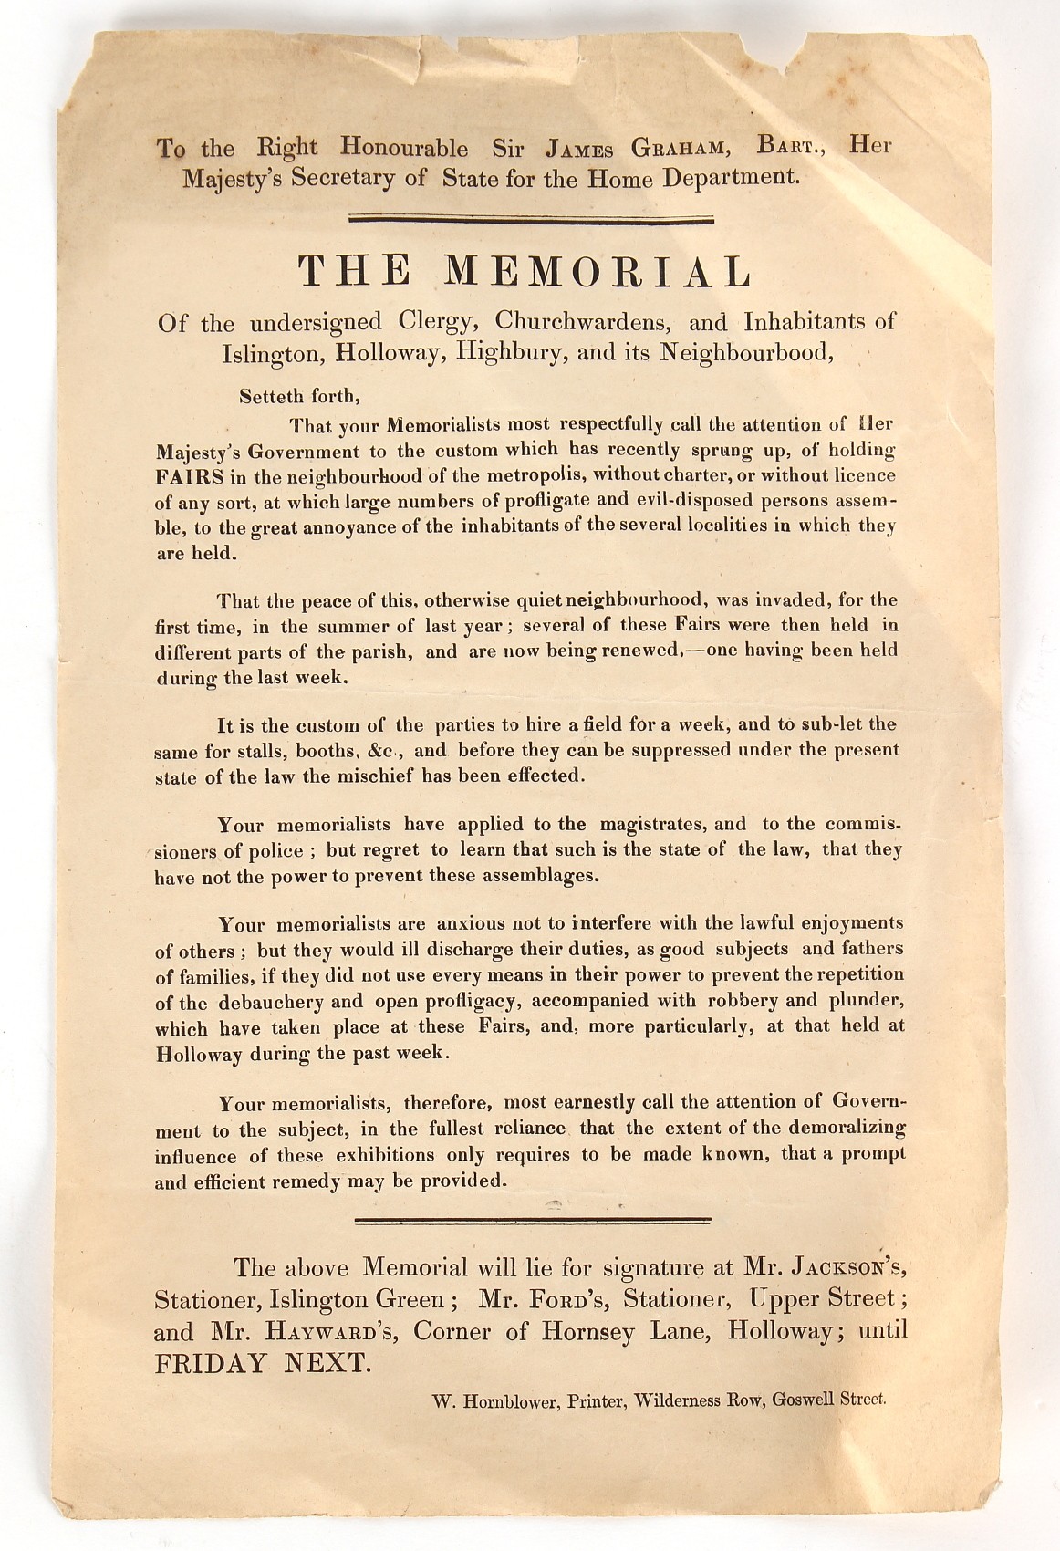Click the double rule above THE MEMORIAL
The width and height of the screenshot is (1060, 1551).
[x=531, y=218]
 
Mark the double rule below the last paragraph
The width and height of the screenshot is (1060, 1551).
[x=531, y=1219]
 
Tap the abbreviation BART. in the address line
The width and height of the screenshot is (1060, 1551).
[x=787, y=147]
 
